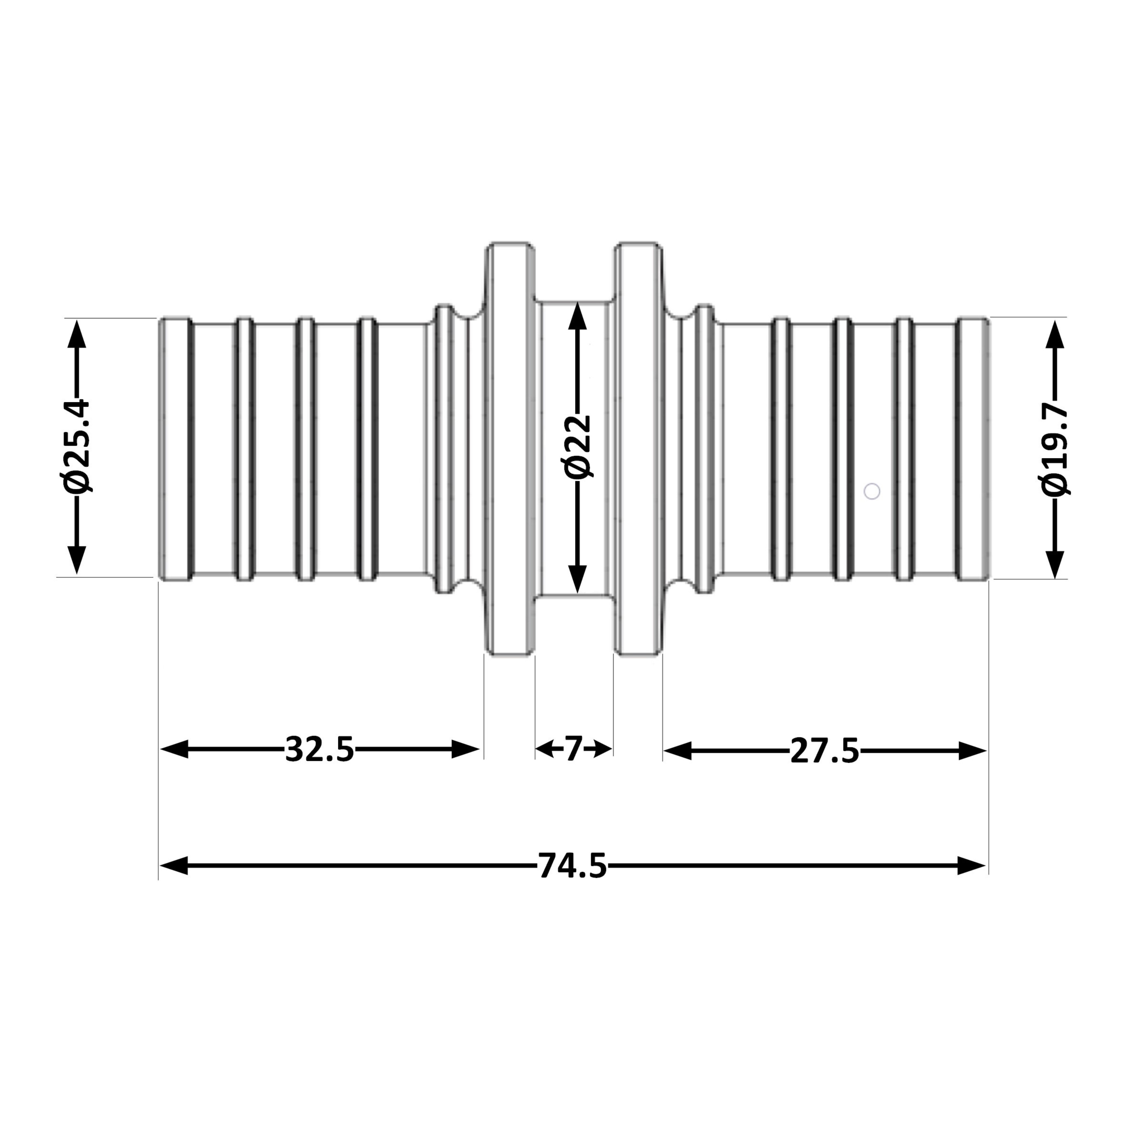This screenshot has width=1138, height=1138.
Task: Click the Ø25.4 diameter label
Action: [77, 446]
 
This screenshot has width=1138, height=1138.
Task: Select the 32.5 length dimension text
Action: [320, 749]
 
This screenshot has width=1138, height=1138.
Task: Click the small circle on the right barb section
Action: [872, 491]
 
